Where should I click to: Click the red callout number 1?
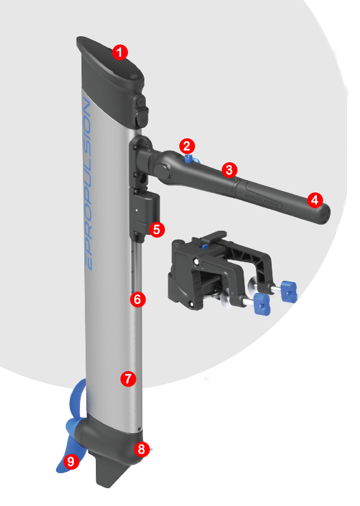[120, 52]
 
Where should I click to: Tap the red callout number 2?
[187, 146]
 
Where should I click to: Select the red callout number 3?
[229, 170]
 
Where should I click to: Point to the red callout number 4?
[315, 200]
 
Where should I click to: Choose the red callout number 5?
[157, 229]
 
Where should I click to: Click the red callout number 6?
[138, 299]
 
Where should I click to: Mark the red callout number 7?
[128, 379]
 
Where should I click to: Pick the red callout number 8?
[142, 449]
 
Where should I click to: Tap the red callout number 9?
[71, 461]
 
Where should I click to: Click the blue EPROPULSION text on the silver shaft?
[86, 184]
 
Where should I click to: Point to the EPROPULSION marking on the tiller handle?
[263, 200]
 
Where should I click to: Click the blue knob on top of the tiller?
[191, 159]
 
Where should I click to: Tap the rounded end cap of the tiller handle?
[324, 214]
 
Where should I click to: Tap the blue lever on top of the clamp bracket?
[203, 246]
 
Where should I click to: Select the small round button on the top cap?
[133, 77]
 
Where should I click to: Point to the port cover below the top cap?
[141, 112]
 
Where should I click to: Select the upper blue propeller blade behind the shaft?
[77, 399]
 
